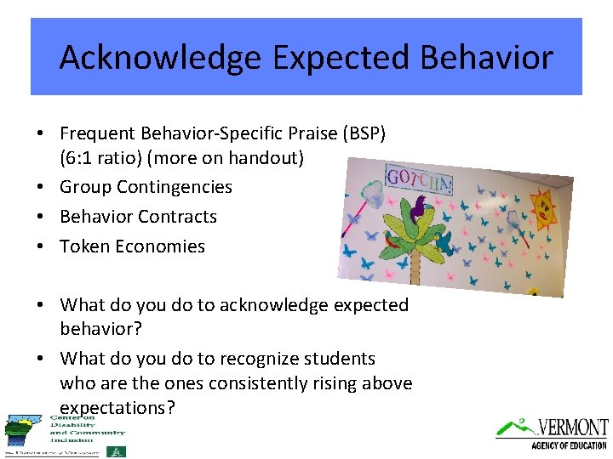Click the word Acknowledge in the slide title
click(x=161, y=58)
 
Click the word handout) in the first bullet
click(x=266, y=158)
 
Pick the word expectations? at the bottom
click(x=117, y=408)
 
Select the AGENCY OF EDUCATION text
click(x=569, y=445)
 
